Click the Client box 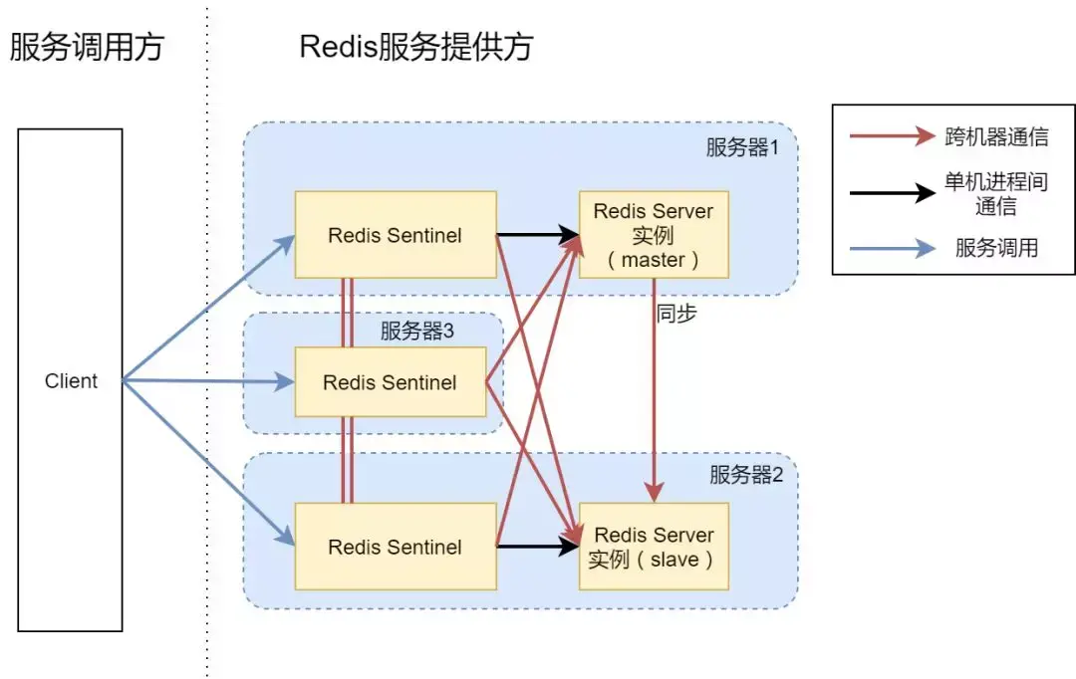click(x=70, y=380)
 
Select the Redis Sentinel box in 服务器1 click(x=396, y=235)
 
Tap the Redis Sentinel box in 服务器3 click(x=391, y=382)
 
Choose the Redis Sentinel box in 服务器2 click(x=396, y=547)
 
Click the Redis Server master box click(x=654, y=235)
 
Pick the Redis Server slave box click(x=654, y=547)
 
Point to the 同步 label click(x=676, y=314)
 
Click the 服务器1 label click(x=742, y=146)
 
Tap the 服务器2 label click(x=746, y=474)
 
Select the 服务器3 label click(x=417, y=331)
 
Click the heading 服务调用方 click(x=87, y=48)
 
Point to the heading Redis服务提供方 click(x=416, y=48)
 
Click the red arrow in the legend click(x=892, y=135)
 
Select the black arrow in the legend click(x=892, y=193)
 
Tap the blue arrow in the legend click(x=892, y=248)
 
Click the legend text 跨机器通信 click(x=996, y=136)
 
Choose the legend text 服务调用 click(x=996, y=248)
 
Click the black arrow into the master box click(x=538, y=235)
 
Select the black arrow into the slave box click(x=538, y=547)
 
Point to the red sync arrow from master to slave click(x=654, y=390)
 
